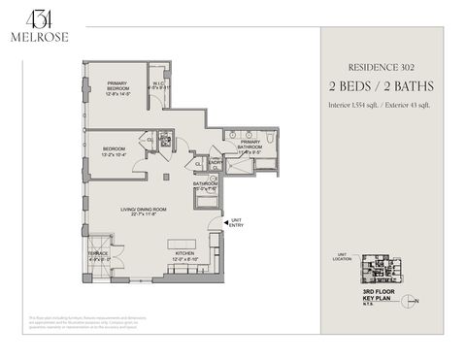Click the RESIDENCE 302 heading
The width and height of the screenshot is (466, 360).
[x=382, y=68]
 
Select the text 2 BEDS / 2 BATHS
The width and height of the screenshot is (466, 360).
[x=382, y=84]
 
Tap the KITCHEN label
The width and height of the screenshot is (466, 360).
[x=184, y=256]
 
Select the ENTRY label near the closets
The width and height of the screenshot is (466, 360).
[x=216, y=163]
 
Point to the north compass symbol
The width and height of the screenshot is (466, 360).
[x=412, y=300]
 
